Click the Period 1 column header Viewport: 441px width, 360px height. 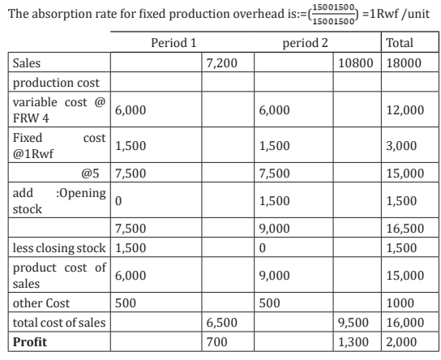(x=173, y=43)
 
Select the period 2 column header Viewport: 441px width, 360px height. (x=305, y=43)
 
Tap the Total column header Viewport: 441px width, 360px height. (x=400, y=43)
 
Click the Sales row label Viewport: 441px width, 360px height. (x=27, y=63)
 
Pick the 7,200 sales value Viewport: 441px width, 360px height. (x=221, y=63)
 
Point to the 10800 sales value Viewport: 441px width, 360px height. (x=356, y=63)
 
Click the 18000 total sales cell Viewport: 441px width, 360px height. (x=404, y=63)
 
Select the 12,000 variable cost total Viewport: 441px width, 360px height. (x=405, y=110)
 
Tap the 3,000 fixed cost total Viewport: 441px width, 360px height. (x=401, y=146)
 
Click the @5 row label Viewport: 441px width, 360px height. (x=90, y=174)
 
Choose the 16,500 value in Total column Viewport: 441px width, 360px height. (x=405, y=229)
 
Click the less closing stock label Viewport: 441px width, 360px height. (x=59, y=248)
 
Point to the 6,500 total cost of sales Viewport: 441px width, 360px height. (x=221, y=323)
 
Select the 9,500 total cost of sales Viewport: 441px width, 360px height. (x=353, y=323)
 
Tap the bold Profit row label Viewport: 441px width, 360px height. (x=30, y=342)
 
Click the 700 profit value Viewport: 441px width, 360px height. (x=216, y=342)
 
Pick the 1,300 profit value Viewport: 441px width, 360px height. (x=353, y=342)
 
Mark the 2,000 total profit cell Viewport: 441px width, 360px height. (x=401, y=342)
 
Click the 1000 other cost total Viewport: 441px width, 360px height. (x=400, y=303)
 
